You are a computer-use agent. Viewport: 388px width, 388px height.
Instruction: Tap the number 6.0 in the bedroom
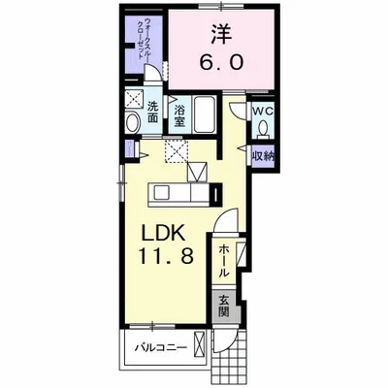point(221,63)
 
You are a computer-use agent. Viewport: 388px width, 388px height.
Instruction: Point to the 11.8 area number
point(166,257)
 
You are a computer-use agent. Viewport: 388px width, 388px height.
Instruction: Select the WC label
point(263,112)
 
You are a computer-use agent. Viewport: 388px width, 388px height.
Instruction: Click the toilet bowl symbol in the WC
point(263,128)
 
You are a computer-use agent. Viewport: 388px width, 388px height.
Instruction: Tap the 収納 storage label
point(264,157)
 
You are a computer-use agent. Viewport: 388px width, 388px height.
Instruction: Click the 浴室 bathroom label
point(179,116)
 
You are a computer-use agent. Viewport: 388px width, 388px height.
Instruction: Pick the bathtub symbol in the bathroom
point(205,113)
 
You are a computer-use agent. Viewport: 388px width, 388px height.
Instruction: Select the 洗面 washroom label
point(152,113)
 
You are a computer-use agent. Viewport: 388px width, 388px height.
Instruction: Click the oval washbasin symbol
point(133,122)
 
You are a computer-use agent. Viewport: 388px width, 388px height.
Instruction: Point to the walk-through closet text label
point(145,39)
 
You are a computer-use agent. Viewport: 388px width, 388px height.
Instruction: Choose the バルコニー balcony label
point(161,348)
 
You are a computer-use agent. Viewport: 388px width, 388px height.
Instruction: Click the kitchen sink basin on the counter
point(160,194)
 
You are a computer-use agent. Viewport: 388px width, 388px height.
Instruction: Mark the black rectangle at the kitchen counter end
point(215,194)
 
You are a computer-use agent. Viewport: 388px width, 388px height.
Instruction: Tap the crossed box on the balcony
point(199,343)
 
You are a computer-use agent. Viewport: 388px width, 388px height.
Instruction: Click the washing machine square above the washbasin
point(135,98)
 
